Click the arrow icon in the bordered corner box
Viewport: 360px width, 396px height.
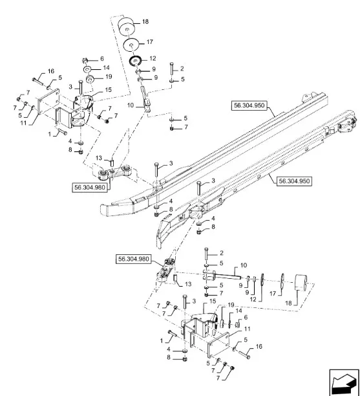(x=343, y=382)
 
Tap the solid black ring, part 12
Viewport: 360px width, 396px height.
(x=135, y=61)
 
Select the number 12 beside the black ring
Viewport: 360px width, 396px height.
(x=153, y=59)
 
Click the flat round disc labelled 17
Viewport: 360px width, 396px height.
(x=131, y=45)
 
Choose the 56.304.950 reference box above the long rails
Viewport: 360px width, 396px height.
(x=249, y=105)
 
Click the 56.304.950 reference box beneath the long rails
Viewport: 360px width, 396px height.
(x=294, y=181)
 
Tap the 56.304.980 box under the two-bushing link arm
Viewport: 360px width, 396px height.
(x=90, y=188)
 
